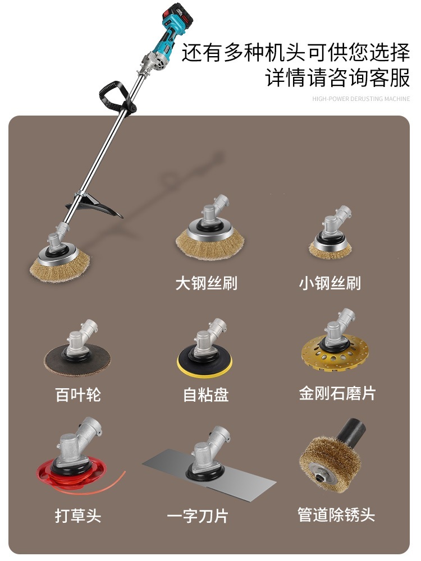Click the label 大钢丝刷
[x=206, y=283]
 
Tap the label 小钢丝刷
[x=330, y=283]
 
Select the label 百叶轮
[x=78, y=395]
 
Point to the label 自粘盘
[x=206, y=395]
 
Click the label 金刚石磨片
[x=337, y=393]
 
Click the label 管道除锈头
[x=336, y=515]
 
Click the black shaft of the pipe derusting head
[x=352, y=433]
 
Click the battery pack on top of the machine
[x=178, y=16]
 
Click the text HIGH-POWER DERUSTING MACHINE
[x=361, y=99]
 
